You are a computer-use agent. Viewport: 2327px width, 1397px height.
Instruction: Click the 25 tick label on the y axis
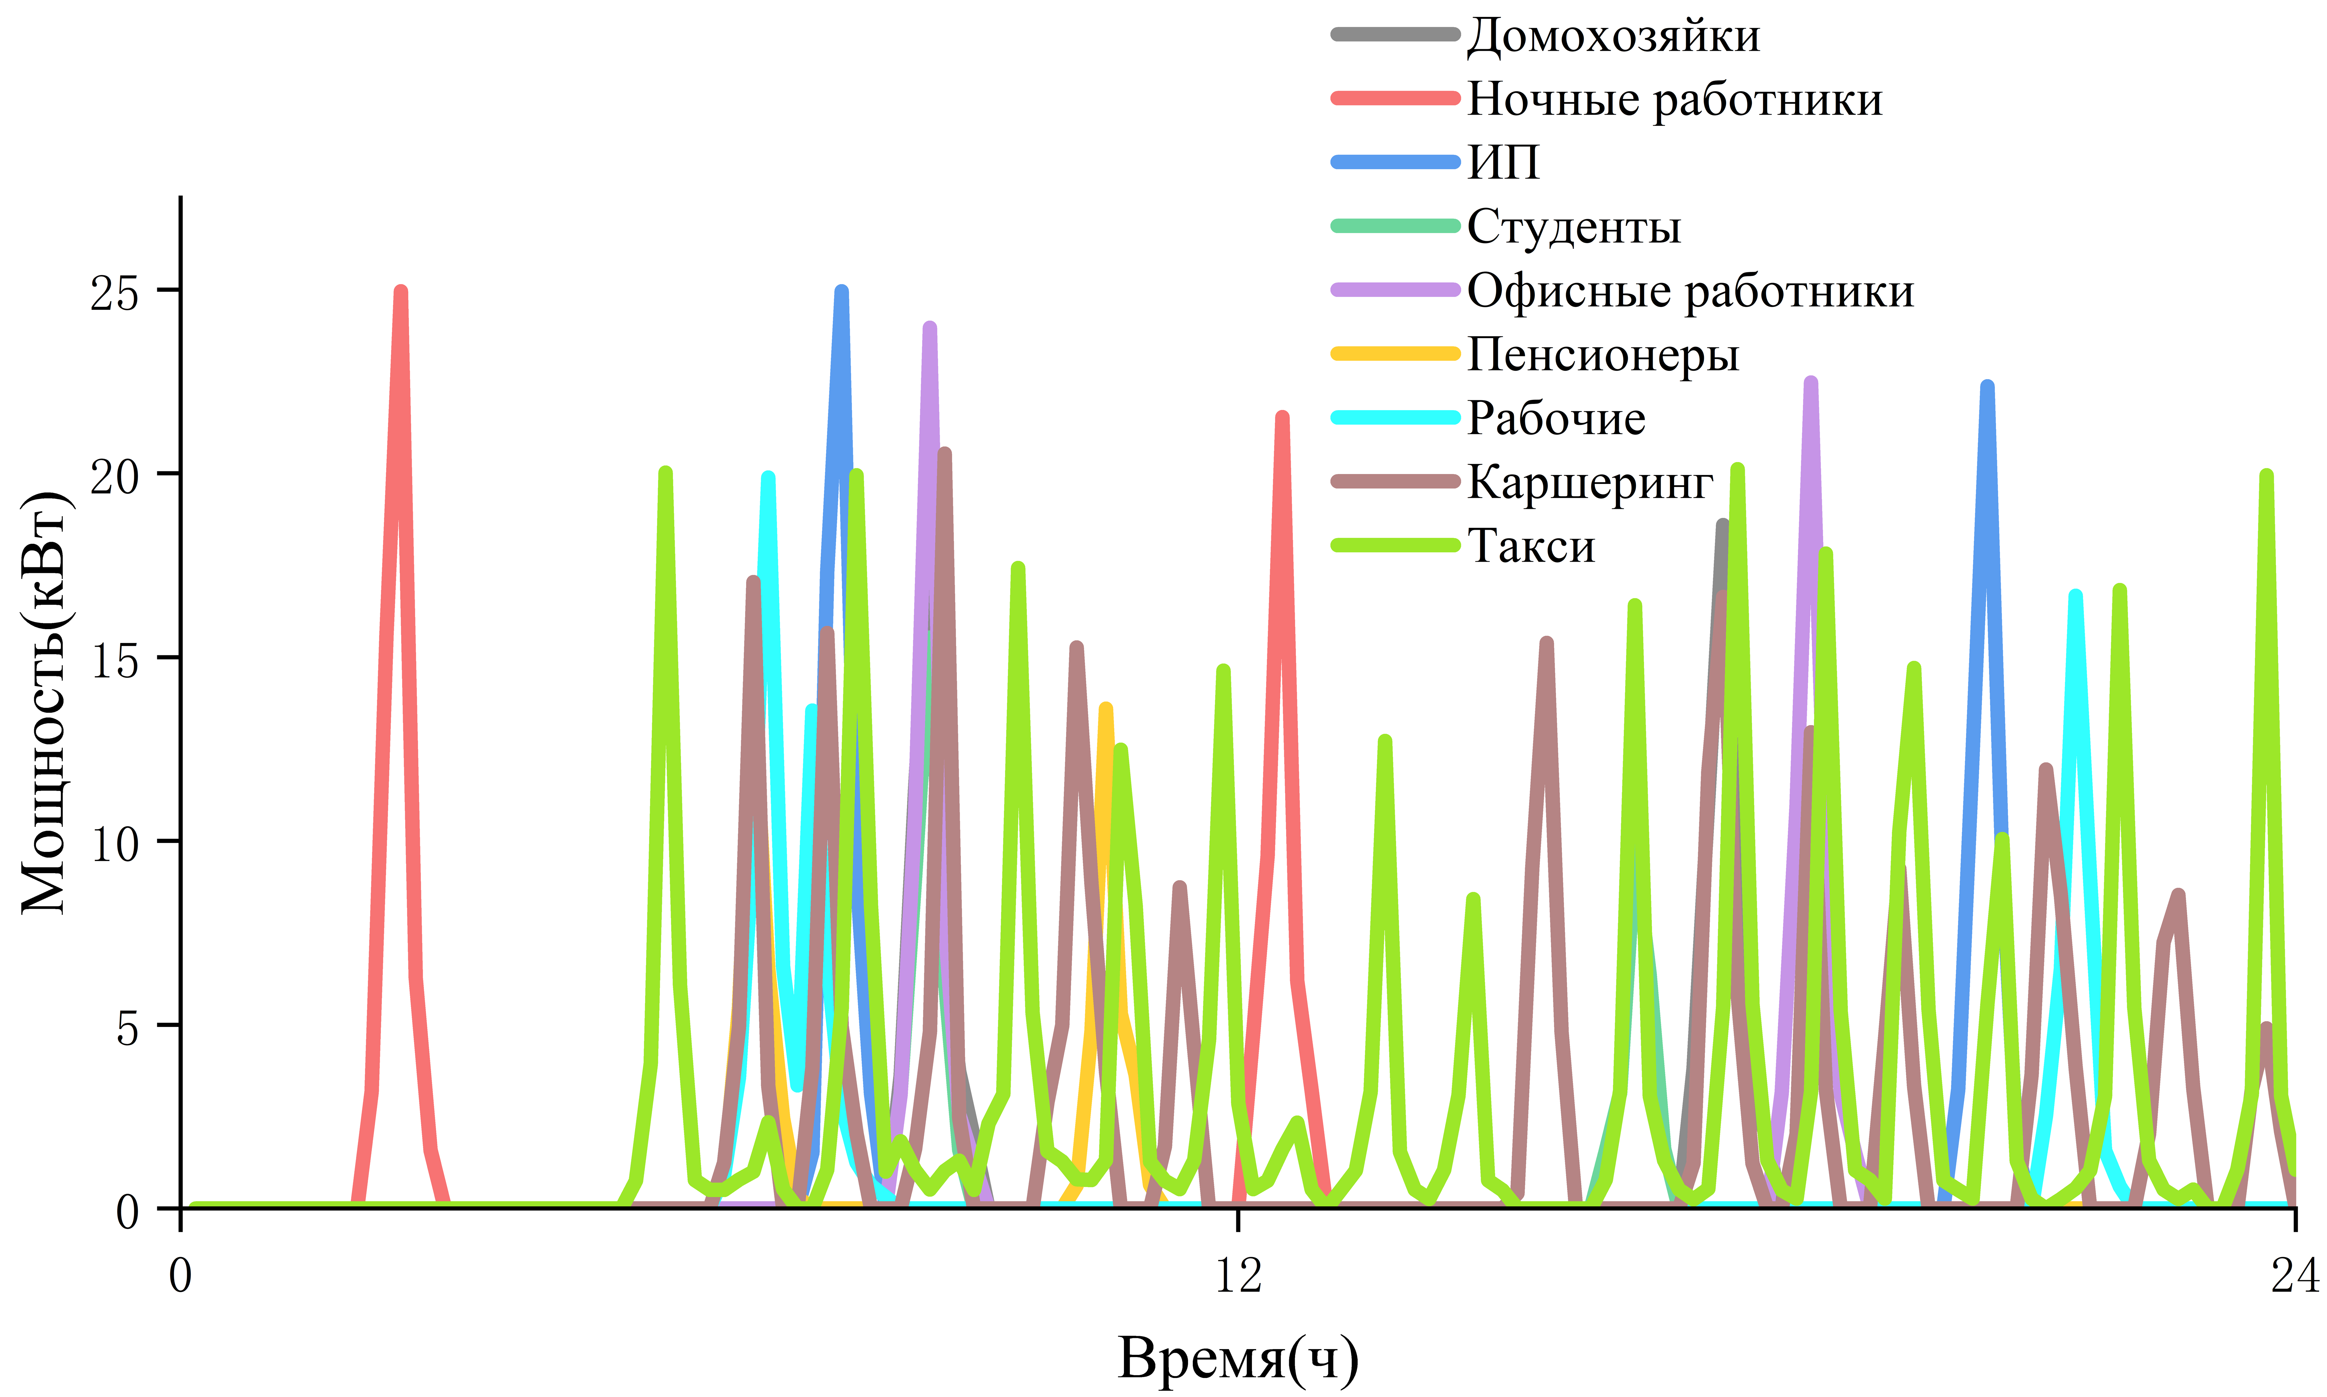point(114,293)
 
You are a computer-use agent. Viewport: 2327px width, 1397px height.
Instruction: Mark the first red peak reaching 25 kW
point(401,292)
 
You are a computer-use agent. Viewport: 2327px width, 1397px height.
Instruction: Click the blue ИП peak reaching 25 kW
point(842,292)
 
